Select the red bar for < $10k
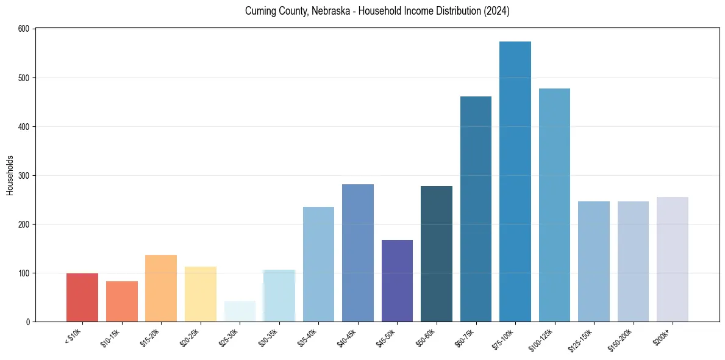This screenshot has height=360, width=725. (x=82, y=297)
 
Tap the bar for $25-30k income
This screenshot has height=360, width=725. (x=240, y=311)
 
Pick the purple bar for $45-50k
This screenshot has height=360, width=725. (x=397, y=281)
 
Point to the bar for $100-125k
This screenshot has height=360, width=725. (x=554, y=205)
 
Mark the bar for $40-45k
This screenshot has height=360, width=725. (x=358, y=253)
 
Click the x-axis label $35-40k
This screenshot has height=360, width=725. (x=308, y=337)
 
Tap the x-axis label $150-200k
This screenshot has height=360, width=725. (x=620, y=340)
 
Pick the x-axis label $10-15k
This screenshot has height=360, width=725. (x=111, y=337)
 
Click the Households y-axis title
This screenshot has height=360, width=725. (x=10, y=175)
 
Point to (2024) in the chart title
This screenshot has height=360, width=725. (x=498, y=12)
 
